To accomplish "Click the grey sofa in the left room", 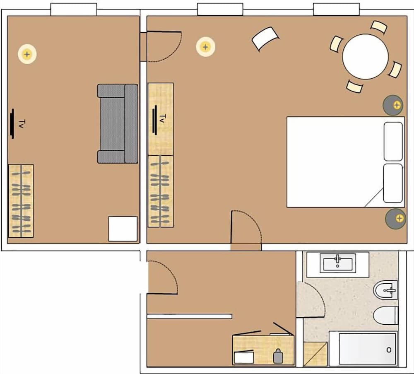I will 117,123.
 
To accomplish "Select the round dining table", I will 365,56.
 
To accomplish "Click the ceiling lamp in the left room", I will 27,54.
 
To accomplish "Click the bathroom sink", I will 338,263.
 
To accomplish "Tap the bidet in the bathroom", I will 386,290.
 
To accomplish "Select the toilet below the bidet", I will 385,315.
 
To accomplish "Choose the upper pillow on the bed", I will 393,141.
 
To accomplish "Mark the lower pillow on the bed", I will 393,183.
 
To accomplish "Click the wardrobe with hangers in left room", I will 21,201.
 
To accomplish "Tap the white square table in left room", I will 123,229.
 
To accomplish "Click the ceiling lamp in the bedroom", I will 205,46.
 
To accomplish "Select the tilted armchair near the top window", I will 265,39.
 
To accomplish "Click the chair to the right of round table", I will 395,69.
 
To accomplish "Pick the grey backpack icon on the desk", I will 277,356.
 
